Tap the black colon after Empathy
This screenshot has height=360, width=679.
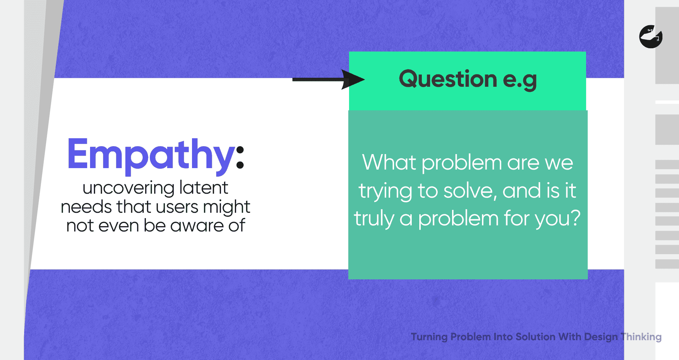[240, 157]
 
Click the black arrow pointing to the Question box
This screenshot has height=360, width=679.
[329, 80]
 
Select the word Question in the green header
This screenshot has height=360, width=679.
[448, 79]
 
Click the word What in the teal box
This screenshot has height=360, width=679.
[389, 162]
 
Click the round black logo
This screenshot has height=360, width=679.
[651, 36]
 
